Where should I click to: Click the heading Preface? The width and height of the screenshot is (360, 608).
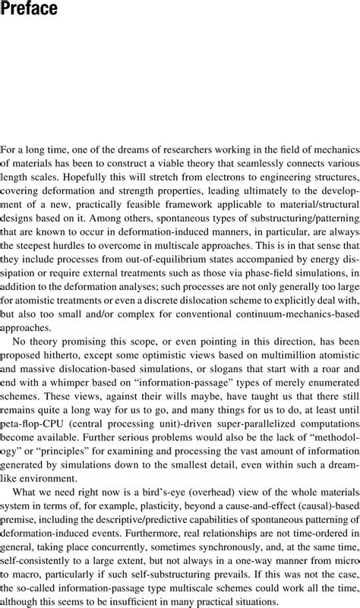30,9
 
